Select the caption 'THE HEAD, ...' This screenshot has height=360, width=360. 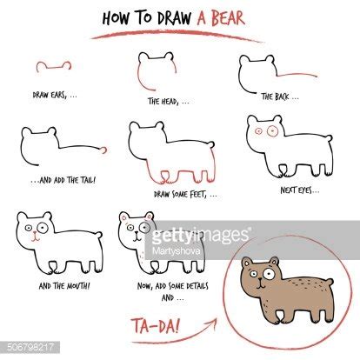tap(162, 101)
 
